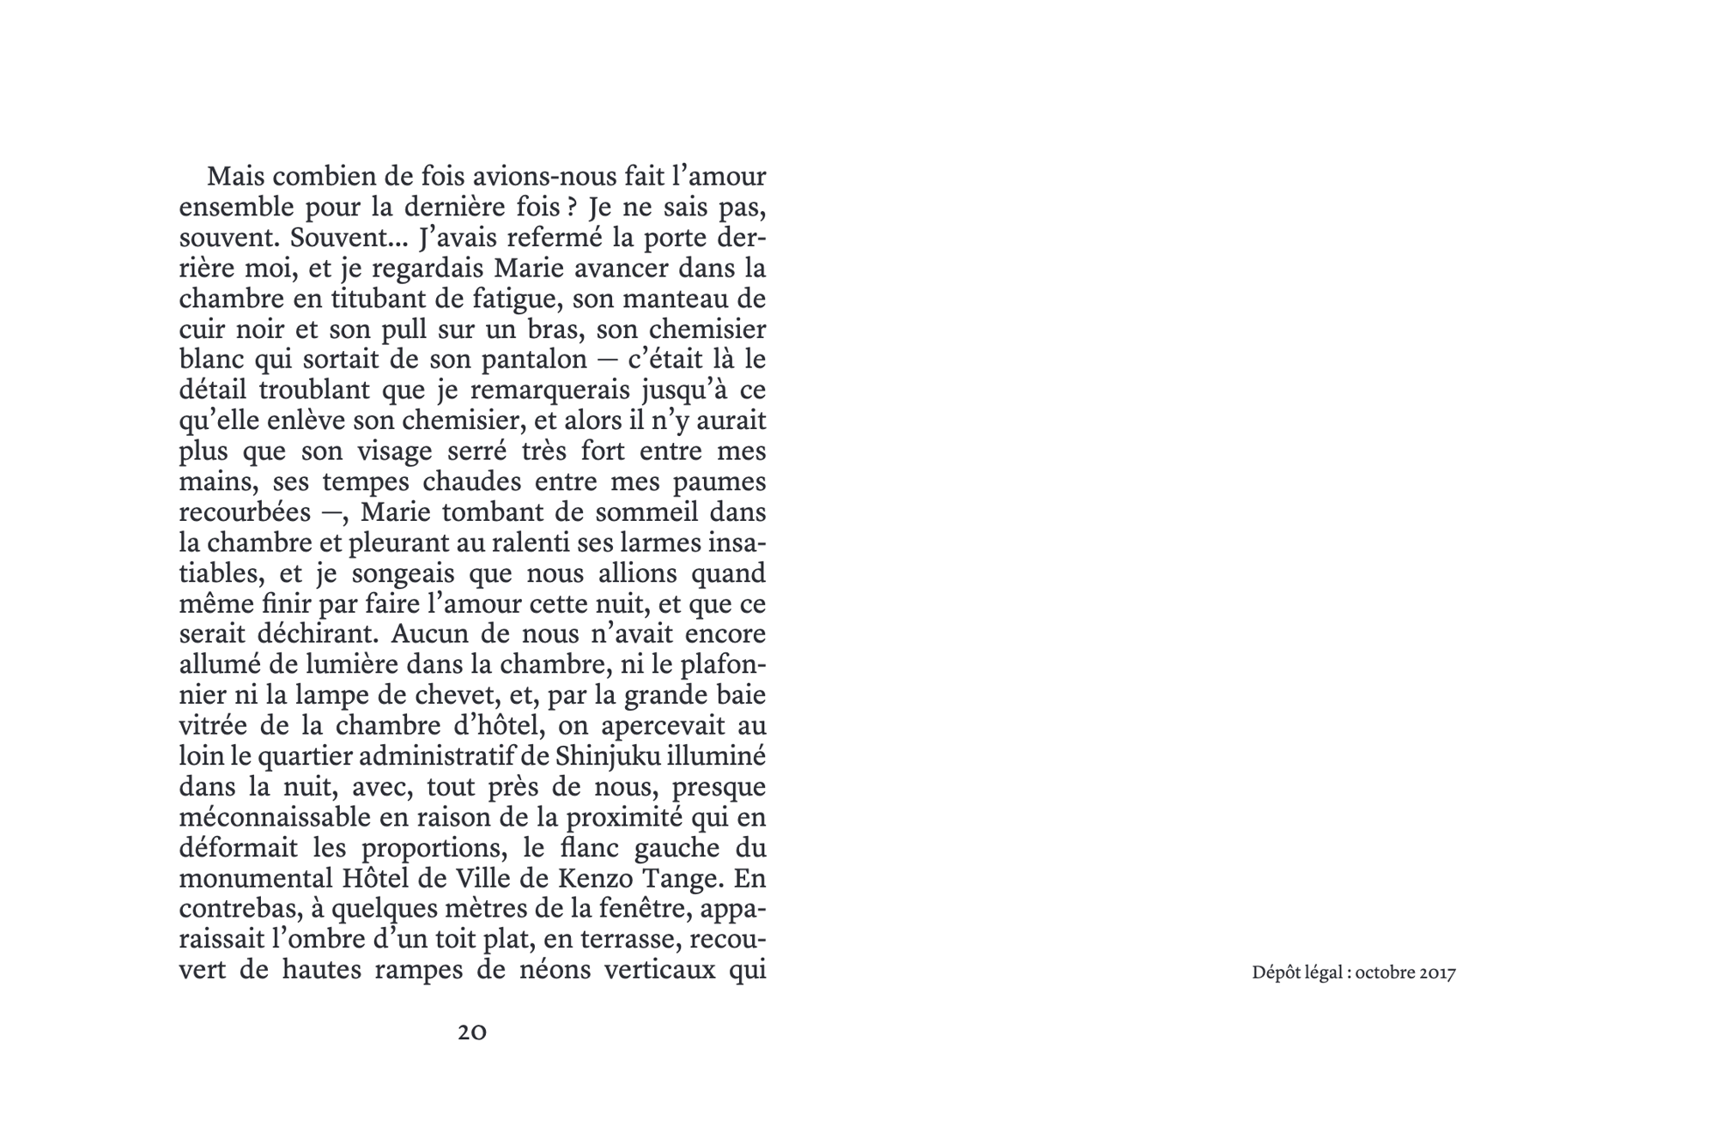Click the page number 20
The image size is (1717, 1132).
tap(472, 1032)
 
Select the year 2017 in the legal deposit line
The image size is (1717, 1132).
tap(1437, 973)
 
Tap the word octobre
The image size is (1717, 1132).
tap(1385, 973)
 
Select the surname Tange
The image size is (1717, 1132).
tap(684, 878)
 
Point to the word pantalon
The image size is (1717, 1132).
tap(534, 360)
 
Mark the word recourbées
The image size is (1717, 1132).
tap(245, 512)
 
